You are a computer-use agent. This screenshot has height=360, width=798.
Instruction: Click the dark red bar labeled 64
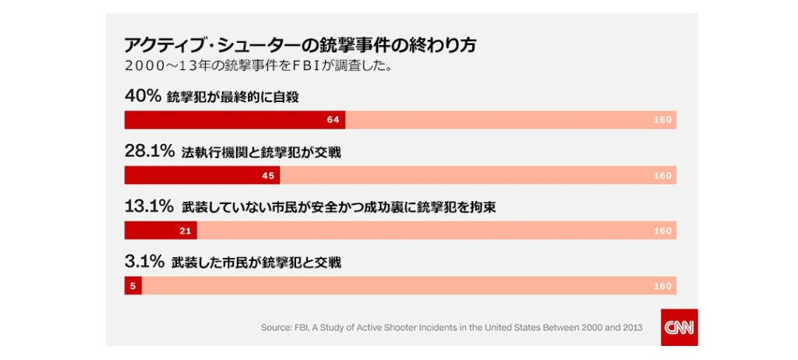(235, 120)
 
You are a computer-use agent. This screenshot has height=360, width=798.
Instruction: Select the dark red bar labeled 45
(202, 175)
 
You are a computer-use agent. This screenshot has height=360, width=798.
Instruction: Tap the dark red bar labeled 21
(161, 231)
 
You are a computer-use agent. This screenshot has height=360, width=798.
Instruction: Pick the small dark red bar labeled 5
(132, 286)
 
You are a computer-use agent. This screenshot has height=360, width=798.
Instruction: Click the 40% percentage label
(143, 97)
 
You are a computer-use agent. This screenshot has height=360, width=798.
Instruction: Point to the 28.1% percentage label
(149, 152)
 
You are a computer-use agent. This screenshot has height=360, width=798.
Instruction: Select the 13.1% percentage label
(149, 207)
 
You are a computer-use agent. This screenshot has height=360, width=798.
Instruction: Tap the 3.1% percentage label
(144, 263)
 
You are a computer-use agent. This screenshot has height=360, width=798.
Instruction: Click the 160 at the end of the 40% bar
(662, 120)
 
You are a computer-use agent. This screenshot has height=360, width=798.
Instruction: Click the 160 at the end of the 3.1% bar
(662, 286)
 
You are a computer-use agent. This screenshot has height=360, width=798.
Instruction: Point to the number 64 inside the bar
(333, 120)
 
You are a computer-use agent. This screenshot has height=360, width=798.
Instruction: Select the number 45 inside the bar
(267, 175)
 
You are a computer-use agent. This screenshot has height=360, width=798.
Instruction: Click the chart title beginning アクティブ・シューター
(300, 45)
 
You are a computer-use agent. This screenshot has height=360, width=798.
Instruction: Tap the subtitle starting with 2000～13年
(257, 65)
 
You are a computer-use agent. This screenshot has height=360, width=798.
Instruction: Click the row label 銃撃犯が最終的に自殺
(233, 97)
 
